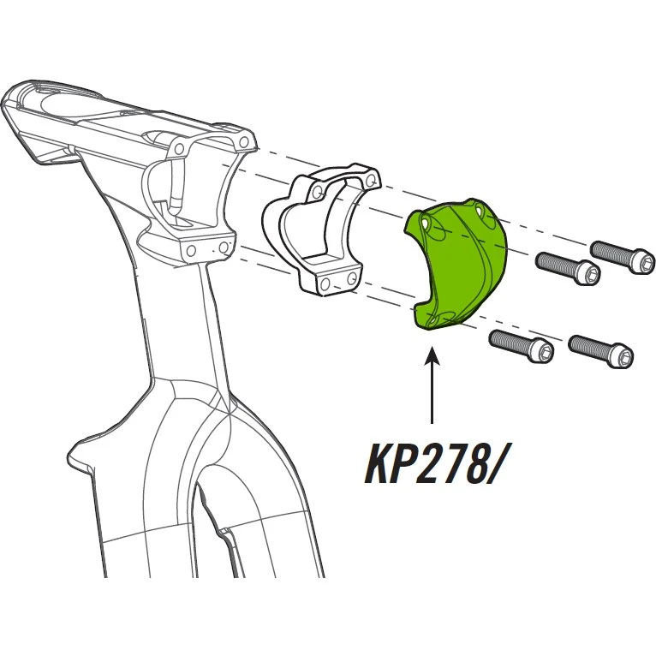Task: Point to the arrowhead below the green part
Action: (432, 355)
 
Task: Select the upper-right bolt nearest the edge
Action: (622, 258)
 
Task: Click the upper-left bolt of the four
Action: (569, 268)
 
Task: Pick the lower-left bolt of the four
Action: (522, 346)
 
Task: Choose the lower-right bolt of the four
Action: (601, 352)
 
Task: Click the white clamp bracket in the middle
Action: (321, 228)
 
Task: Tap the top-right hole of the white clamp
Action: (370, 182)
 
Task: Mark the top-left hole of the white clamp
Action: (318, 193)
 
